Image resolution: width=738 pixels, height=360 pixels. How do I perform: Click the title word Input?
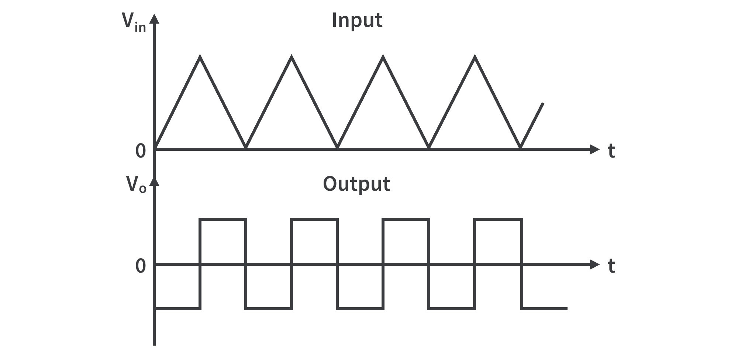(x=357, y=20)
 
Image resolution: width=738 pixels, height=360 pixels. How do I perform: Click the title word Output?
(x=356, y=184)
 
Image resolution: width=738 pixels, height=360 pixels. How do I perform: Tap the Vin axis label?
(x=134, y=23)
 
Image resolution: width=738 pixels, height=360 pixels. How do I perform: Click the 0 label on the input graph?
(x=141, y=151)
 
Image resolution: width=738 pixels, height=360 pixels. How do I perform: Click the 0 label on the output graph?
(x=141, y=266)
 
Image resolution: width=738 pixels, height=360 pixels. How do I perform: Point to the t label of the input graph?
(x=611, y=151)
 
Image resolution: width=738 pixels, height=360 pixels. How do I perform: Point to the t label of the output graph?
(x=611, y=266)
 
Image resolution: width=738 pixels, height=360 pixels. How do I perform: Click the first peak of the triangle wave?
(x=200, y=57)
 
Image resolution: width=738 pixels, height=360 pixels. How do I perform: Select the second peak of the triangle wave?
(x=292, y=57)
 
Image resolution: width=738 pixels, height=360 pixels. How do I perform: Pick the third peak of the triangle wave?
(x=383, y=57)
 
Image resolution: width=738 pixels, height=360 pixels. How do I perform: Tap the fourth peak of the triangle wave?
(x=475, y=57)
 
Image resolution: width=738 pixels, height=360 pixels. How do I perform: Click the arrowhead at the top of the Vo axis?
(x=155, y=181)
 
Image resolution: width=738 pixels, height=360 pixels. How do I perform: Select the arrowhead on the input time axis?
(x=595, y=149)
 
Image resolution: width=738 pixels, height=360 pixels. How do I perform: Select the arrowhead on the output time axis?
(x=595, y=264)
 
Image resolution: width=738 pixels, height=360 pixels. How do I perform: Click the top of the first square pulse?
(x=223, y=220)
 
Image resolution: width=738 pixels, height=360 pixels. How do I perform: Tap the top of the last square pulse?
(x=498, y=220)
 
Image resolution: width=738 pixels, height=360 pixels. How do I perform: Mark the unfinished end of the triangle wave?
(x=543, y=104)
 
